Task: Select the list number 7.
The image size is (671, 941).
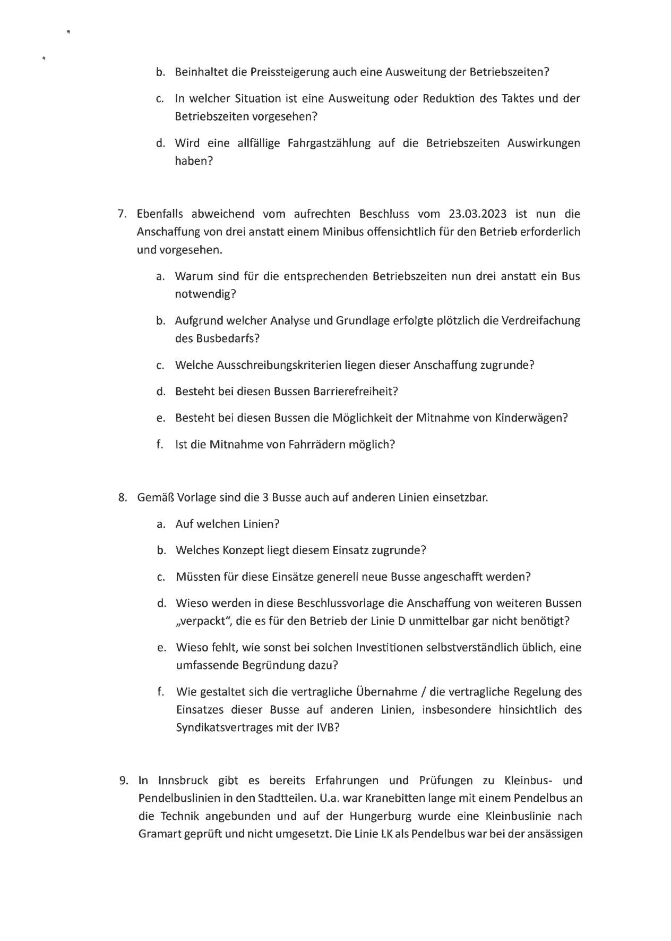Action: click(122, 214)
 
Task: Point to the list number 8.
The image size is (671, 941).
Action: click(122, 498)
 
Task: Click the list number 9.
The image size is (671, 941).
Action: click(123, 781)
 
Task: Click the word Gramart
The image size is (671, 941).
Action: click(159, 834)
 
